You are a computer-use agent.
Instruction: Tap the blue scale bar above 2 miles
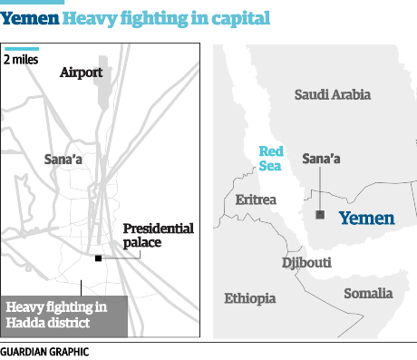point(22,48)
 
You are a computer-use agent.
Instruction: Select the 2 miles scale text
point(22,60)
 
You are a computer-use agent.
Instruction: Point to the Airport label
point(81,72)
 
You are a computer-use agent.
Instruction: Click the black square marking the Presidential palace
point(98,259)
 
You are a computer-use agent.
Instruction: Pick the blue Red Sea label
point(272,159)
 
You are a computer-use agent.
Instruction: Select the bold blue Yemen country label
point(366,218)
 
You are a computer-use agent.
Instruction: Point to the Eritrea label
point(257,199)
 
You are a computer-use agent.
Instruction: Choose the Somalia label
point(367,293)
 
